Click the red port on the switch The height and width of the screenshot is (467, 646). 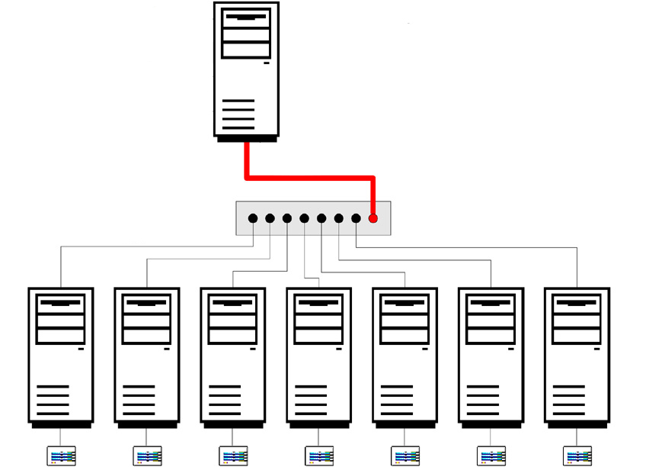point(373,218)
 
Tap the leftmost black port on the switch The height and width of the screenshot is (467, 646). point(253,218)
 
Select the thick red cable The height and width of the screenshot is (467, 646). point(309,179)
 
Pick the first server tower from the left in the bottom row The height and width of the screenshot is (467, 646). point(61,355)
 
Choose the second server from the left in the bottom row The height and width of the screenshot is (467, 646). point(147,355)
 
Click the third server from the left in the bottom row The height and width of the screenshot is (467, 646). point(233,355)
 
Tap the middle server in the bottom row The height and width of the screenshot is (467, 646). point(319,355)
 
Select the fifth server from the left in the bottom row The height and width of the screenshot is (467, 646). point(405,355)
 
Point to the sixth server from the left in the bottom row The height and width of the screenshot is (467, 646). point(491,355)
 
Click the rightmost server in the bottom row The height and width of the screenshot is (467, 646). point(577,355)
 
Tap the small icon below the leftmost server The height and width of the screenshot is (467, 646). point(62,456)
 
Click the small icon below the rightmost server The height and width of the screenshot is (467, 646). point(577,456)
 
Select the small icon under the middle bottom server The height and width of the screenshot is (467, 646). point(319,456)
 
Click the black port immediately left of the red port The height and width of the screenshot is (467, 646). point(356,218)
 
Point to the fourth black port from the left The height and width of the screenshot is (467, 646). point(304,218)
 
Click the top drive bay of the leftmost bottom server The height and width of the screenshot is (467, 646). point(61,302)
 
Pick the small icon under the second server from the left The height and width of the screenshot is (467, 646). point(148,456)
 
